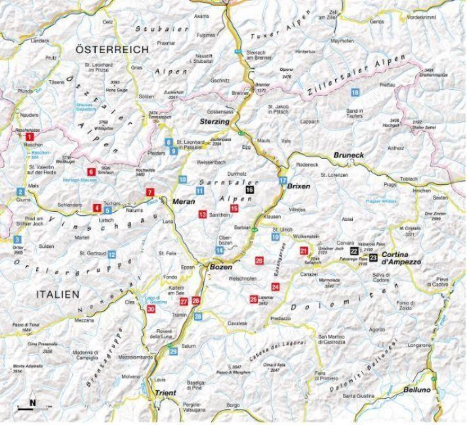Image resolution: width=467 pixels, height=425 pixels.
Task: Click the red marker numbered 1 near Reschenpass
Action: point(30,136)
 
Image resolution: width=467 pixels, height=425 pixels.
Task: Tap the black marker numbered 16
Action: point(249,189)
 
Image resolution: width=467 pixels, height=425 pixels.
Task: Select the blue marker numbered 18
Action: point(355,92)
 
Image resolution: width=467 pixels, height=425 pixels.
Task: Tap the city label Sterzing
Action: point(214,122)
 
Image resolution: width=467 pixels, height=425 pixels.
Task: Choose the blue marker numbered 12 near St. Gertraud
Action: point(112,254)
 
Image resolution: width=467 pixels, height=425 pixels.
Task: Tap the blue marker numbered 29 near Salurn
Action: point(173,352)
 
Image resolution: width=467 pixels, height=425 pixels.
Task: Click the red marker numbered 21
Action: point(303,251)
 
